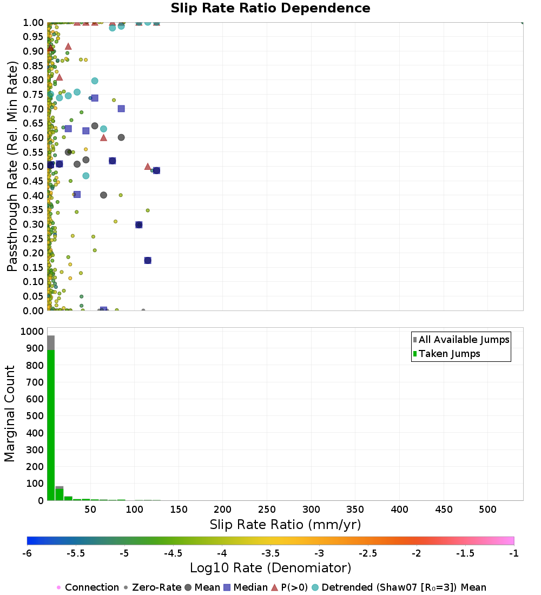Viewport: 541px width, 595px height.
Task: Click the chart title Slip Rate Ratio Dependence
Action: [x=270, y=9]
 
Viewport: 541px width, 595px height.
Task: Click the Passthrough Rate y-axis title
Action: [x=12, y=166]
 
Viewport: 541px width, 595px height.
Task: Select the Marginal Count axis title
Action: [x=10, y=414]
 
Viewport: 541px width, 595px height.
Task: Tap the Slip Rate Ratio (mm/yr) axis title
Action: [x=285, y=524]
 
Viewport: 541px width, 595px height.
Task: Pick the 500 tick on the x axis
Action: [x=487, y=510]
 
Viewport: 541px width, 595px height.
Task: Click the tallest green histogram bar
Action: [x=51, y=425]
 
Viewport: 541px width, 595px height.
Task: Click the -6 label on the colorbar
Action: [x=28, y=553]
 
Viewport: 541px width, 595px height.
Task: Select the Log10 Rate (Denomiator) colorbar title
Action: [x=270, y=568]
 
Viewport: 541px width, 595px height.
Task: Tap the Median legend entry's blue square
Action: [x=227, y=587]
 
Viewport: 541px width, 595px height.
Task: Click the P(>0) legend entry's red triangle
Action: [x=274, y=587]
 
